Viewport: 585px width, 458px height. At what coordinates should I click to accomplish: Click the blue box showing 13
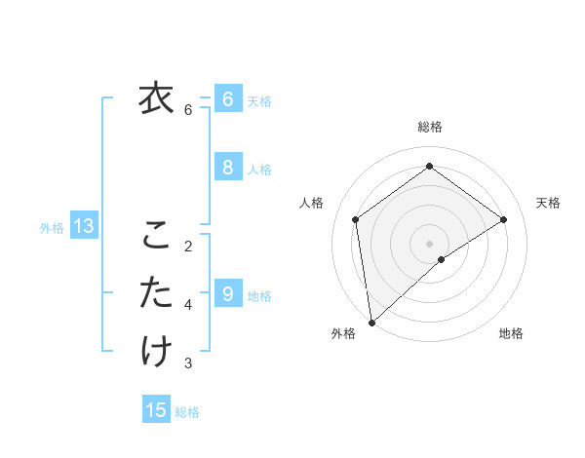[84, 227]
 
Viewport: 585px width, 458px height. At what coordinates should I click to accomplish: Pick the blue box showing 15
[157, 410]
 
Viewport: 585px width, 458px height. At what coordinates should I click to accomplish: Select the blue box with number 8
[227, 168]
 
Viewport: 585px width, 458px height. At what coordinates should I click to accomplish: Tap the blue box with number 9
[227, 292]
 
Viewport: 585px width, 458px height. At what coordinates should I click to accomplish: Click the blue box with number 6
[227, 98]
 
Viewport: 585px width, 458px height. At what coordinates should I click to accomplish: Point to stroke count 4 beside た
[188, 305]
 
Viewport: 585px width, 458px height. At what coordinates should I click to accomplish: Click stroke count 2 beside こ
[188, 246]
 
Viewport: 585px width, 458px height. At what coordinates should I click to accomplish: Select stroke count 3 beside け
[188, 363]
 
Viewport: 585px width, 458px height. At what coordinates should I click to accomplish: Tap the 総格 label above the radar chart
[430, 127]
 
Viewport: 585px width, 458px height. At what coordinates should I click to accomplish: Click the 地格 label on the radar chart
[511, 333]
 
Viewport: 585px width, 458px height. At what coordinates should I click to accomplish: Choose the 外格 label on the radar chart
[343, 333]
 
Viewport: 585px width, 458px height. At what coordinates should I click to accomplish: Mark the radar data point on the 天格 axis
[504, 219]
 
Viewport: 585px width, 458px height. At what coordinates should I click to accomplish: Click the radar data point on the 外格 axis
[370, 322]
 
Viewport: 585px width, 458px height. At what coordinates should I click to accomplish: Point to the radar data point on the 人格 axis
[356, 219]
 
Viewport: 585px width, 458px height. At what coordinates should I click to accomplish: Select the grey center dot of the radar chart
[429, 242]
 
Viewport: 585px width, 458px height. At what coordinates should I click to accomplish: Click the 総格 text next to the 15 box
[187, 412]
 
